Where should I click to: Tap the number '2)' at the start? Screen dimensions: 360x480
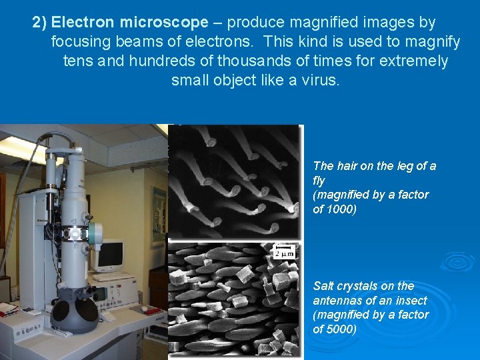click(40, 23)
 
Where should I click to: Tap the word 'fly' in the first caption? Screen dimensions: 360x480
click(319, 181)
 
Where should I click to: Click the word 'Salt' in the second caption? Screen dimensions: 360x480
click(324, 285)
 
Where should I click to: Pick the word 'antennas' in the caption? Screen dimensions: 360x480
click(335, 300)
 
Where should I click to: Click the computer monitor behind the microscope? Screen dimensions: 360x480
click(109, 255)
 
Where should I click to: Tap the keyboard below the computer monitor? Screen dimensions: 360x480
click(113, 275)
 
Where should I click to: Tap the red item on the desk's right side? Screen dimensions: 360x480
click(161, 309)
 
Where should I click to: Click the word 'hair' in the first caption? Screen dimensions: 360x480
click(347, 166)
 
